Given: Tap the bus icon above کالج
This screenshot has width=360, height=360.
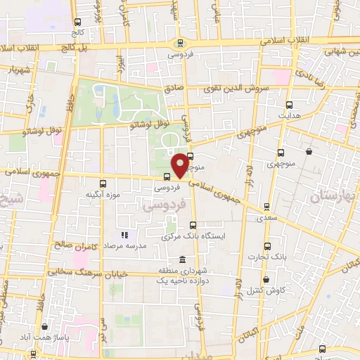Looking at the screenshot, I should click(77, 22).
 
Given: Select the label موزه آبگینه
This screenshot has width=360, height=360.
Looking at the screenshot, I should click(103, 193).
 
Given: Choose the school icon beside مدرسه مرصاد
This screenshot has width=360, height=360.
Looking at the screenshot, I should click(124, 235).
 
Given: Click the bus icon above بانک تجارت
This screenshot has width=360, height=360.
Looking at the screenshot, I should click(266, 246).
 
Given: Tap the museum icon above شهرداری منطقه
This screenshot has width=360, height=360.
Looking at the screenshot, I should click(183, 259).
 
